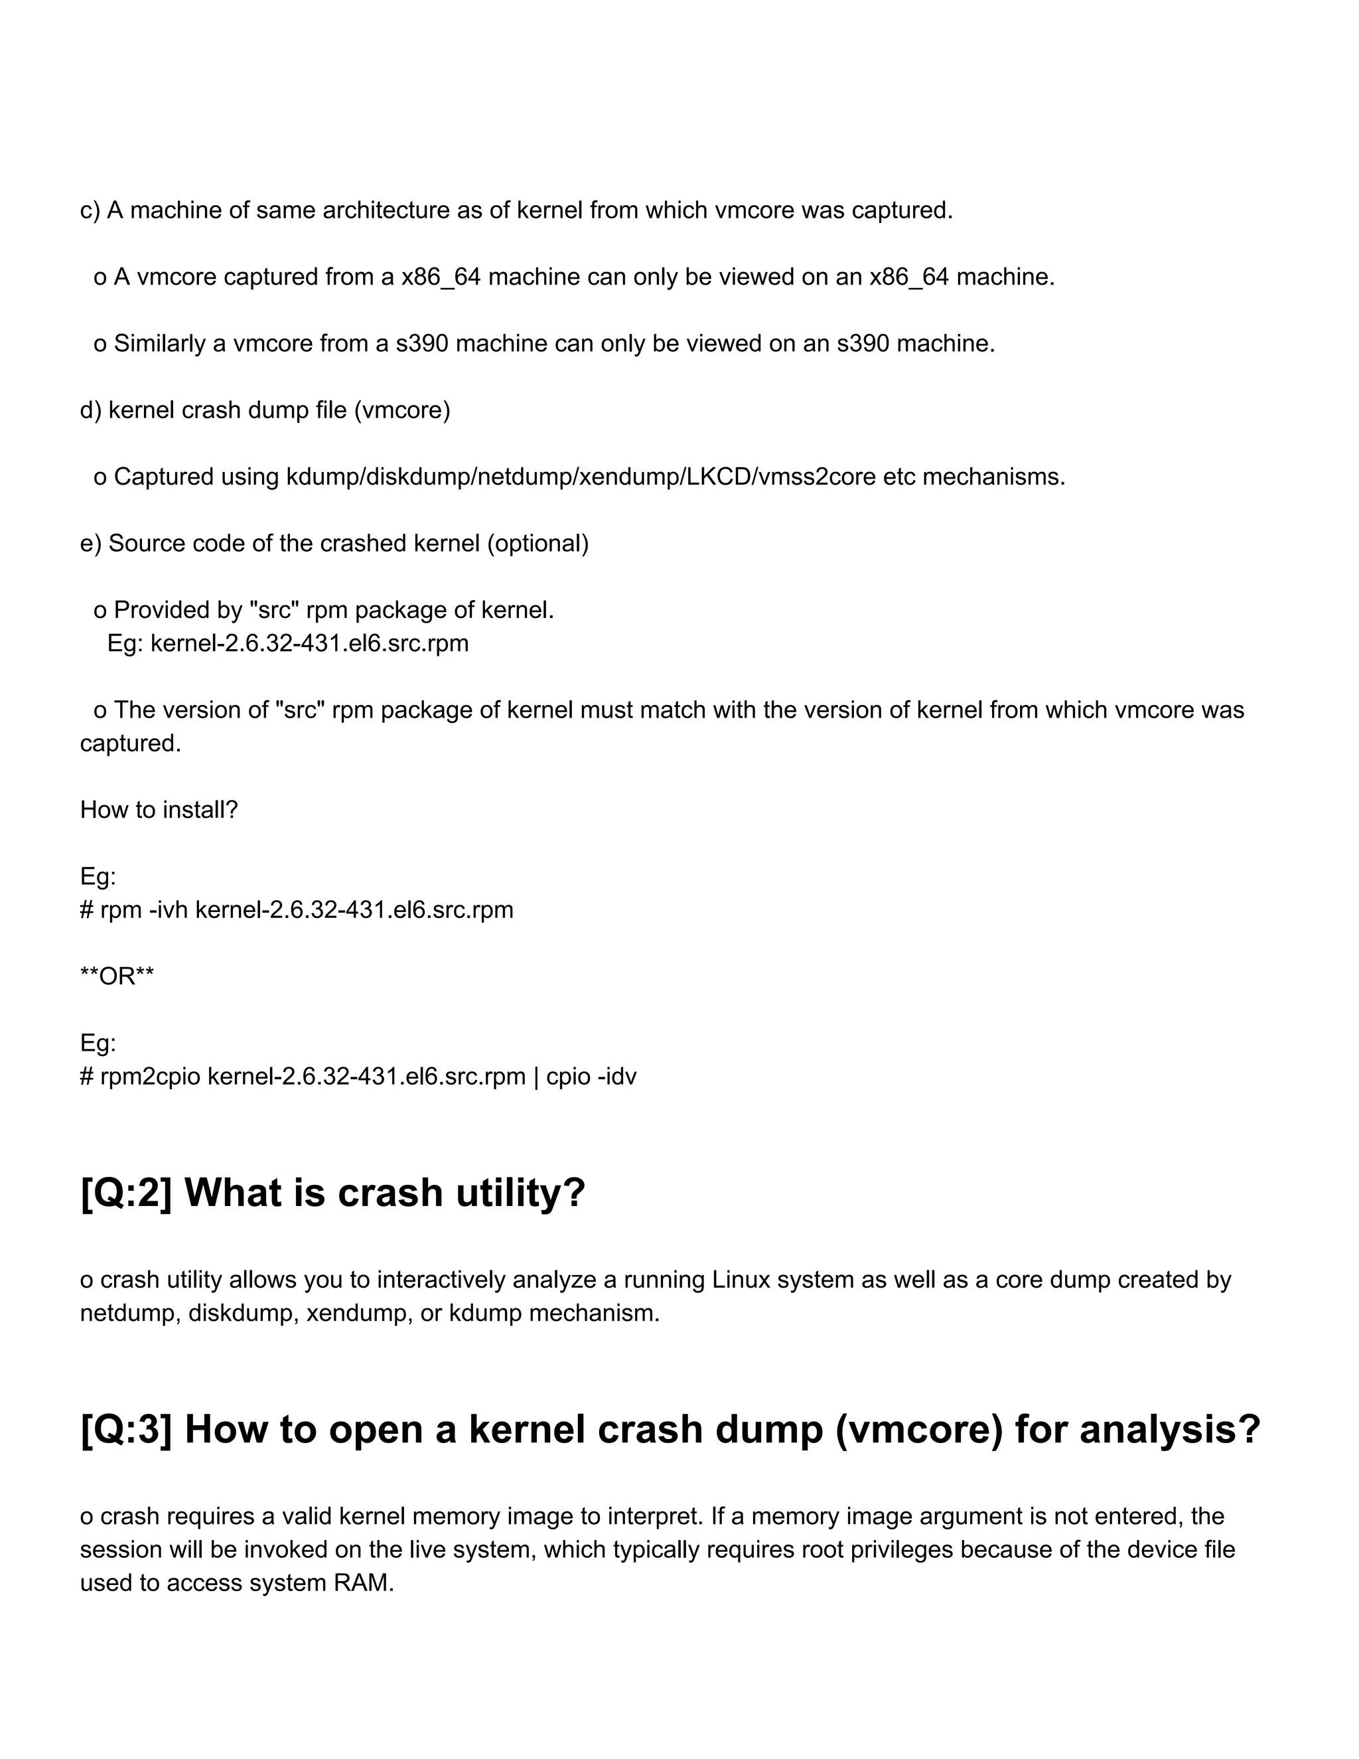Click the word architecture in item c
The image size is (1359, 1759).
point(386,210)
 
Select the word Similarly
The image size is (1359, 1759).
point(159,344)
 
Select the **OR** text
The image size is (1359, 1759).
point(117,977)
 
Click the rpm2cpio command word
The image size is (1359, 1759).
point(150,1077)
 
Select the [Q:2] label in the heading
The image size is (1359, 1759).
point(125,1193)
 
